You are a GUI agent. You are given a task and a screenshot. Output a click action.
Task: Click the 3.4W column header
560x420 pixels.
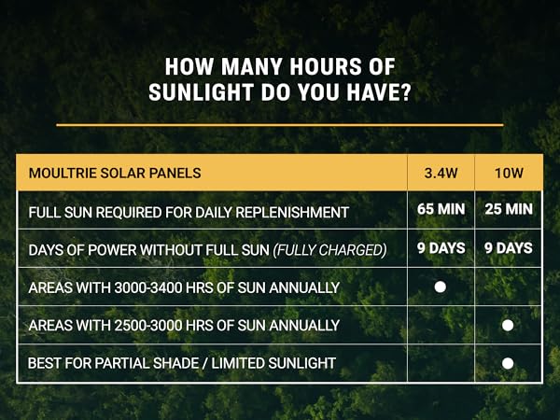441,173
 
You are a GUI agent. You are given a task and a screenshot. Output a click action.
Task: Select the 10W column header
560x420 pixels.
508,173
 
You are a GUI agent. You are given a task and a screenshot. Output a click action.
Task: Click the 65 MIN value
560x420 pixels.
441,209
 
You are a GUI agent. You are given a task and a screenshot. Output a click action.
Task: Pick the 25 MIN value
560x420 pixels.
508,209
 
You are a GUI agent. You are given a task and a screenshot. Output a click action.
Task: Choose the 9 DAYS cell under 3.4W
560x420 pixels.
441,247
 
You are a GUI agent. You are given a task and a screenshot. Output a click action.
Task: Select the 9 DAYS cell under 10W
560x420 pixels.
508,247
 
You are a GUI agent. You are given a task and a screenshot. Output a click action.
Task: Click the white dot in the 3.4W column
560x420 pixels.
441,287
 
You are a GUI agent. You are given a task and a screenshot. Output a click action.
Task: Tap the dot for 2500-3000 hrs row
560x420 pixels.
508,325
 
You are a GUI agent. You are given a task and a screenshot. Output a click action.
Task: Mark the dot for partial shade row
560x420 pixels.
508,362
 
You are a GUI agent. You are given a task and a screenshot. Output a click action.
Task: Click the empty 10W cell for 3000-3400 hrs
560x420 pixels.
508,287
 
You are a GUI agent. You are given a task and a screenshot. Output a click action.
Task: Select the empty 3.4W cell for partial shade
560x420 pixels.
441,362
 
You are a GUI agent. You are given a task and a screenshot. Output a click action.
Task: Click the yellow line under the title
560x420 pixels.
280,124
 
